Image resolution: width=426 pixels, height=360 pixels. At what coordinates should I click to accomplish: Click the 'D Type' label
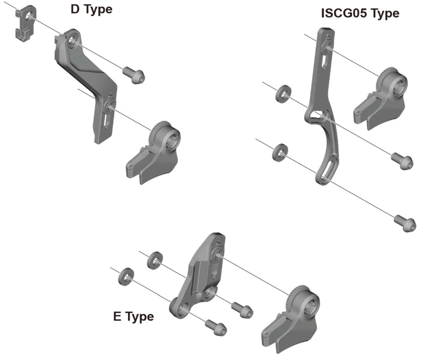[91, 9]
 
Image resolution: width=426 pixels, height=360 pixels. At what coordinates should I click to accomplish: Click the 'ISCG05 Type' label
[360, 13]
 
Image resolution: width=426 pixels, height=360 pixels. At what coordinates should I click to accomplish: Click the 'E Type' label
[133, 317]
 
